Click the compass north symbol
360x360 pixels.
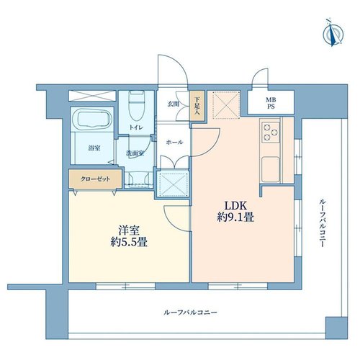click(x=333, y=32)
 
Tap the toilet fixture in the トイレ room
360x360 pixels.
click(x=137, y=106)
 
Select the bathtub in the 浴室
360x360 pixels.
click(x=92, y=120)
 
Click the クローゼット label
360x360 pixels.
click(x=95, y=179)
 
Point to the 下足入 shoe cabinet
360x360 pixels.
click(x=197, y=105)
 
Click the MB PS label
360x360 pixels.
click(x=271, y=103)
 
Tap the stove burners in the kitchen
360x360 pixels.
click(x=271, y=132)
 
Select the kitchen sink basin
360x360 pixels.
click(x=271, y=169)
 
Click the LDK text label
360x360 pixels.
click(x=235, y=206)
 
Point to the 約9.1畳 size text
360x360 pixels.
click(x=235, y=217)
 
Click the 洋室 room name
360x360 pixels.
click(x=129, y=231)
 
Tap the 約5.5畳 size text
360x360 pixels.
click(x=129, y=243)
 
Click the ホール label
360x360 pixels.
click(x=175, y=143)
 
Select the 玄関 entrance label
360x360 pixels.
click(x=174, y=104)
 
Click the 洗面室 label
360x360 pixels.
click(x=135, y=153)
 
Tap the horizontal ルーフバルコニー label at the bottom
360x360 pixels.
click(x=190, y=312)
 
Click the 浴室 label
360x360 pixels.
click(x=94, y=148)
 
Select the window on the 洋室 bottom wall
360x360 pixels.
click(x=125, y=286)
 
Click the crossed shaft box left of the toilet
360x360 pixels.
click(x=92, y=96)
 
